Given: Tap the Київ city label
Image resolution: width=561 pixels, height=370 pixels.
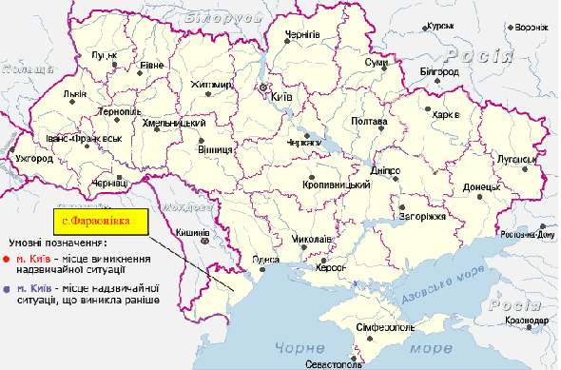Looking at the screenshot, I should tap(279, 97).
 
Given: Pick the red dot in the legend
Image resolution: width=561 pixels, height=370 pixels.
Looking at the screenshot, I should tap(7, 258).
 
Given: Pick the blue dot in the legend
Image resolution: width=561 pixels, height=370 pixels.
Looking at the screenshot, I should tap(7, 287).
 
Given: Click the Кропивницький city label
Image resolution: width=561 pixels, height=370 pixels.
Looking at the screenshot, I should tap(328, 183).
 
